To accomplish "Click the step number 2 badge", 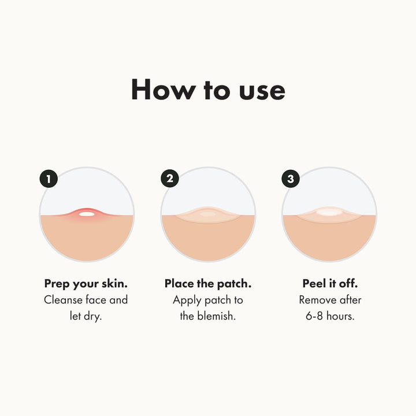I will coord(170,179).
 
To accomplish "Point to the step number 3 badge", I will coord(291,179).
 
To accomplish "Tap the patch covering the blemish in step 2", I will coord(208,214).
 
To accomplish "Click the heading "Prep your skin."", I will coord(86,284).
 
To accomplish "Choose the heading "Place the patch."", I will coord(207,284).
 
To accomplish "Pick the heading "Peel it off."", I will coord(329,284).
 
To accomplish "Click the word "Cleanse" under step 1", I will coord(64,300).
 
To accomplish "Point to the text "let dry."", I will coord(86,317).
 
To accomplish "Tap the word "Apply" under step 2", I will coord(187,300).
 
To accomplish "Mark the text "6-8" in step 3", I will coord(313,317).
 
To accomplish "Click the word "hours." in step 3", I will coord(341,317).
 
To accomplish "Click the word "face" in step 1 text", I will coord(98,300).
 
